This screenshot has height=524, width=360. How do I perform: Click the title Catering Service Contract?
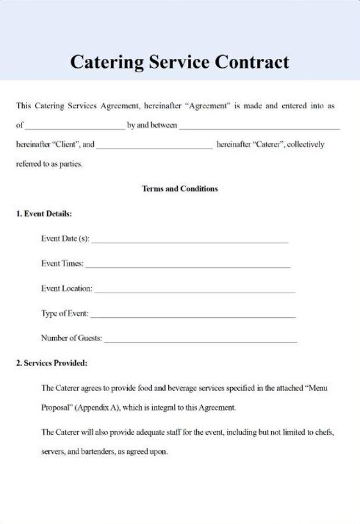click(x=179, y=61)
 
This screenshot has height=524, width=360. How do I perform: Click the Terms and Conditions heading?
click(x=179, y=189)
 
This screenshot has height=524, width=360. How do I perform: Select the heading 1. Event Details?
click(x=44, y=213)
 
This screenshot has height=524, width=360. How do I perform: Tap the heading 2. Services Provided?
click(x=52, y=363)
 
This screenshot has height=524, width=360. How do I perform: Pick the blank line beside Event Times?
click(x=188, y=266)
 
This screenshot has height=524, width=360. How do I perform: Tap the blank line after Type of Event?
click(x=192, y=316)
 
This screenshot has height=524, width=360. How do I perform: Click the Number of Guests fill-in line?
click(x=200, y=341)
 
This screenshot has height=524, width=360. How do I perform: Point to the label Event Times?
click(x=62, y=264)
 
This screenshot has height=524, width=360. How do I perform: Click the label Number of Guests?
click(x=71, y=338)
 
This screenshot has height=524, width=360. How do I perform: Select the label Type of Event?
click(x=64, y=313)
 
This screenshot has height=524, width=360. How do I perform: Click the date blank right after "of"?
click(x=75, y=128)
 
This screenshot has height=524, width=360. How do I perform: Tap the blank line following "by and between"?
click(x=259, y=128)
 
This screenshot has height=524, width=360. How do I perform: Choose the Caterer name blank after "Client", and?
click(x=154, y=147)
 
